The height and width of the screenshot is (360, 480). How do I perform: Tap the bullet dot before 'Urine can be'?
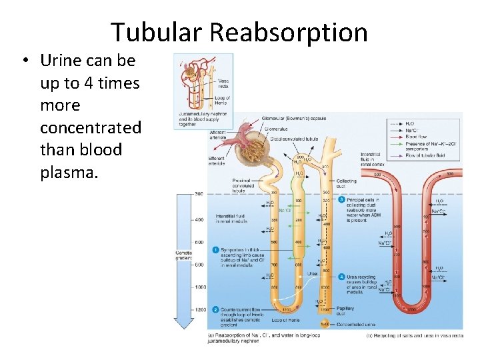pyautogui.click(x=24, y=61)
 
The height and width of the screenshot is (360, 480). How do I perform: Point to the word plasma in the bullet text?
pyautogui.click(x=69, y=173)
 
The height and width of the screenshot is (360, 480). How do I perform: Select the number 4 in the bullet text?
pyautogui.click(x=88, y=83)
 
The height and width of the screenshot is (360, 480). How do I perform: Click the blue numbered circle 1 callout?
pyautogui.click(x=215, y=250)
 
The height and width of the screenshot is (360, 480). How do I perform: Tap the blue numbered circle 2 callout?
pyautogui.click(x=215, y=309)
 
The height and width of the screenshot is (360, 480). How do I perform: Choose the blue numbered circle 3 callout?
pyautogui.click(x=341, y=199)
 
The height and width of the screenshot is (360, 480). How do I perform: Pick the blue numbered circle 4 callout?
pyautogui.click(x=341, y=276)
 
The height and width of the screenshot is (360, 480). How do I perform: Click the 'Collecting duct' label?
pyautogui.click(x=346, y=183)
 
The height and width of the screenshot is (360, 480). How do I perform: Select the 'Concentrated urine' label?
pyautogui.click(x=357, y=325)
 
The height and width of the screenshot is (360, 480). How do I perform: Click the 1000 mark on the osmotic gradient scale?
pyautogui.click(x=200, y=287)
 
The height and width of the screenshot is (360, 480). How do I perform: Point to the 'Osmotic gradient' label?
pyautogui.click(x=183, y=257)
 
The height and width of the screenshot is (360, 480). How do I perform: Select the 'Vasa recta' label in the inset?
pyautogui.click(x=223, y=83)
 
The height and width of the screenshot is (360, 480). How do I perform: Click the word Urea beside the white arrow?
pyautogui.click(x=312, y=273)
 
